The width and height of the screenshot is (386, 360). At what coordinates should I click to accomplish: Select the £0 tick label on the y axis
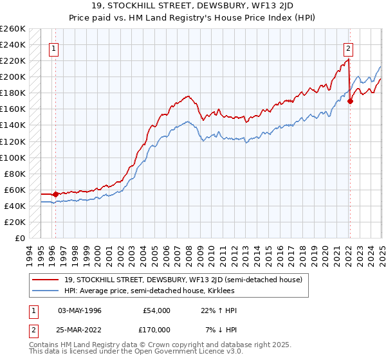pyautogui.click(x=19, y=238)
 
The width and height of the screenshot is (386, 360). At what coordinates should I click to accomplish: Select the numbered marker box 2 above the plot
pyautogui.click(x=348, y=47)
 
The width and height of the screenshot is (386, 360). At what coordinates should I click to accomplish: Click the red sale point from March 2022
pyautogui.click(x=350, y=101)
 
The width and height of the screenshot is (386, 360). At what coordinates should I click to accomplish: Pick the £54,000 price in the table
pyautogui.click(x=156, y=310)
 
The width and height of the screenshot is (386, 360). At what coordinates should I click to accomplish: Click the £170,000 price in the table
pyautogui.click(x=156, y=329)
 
